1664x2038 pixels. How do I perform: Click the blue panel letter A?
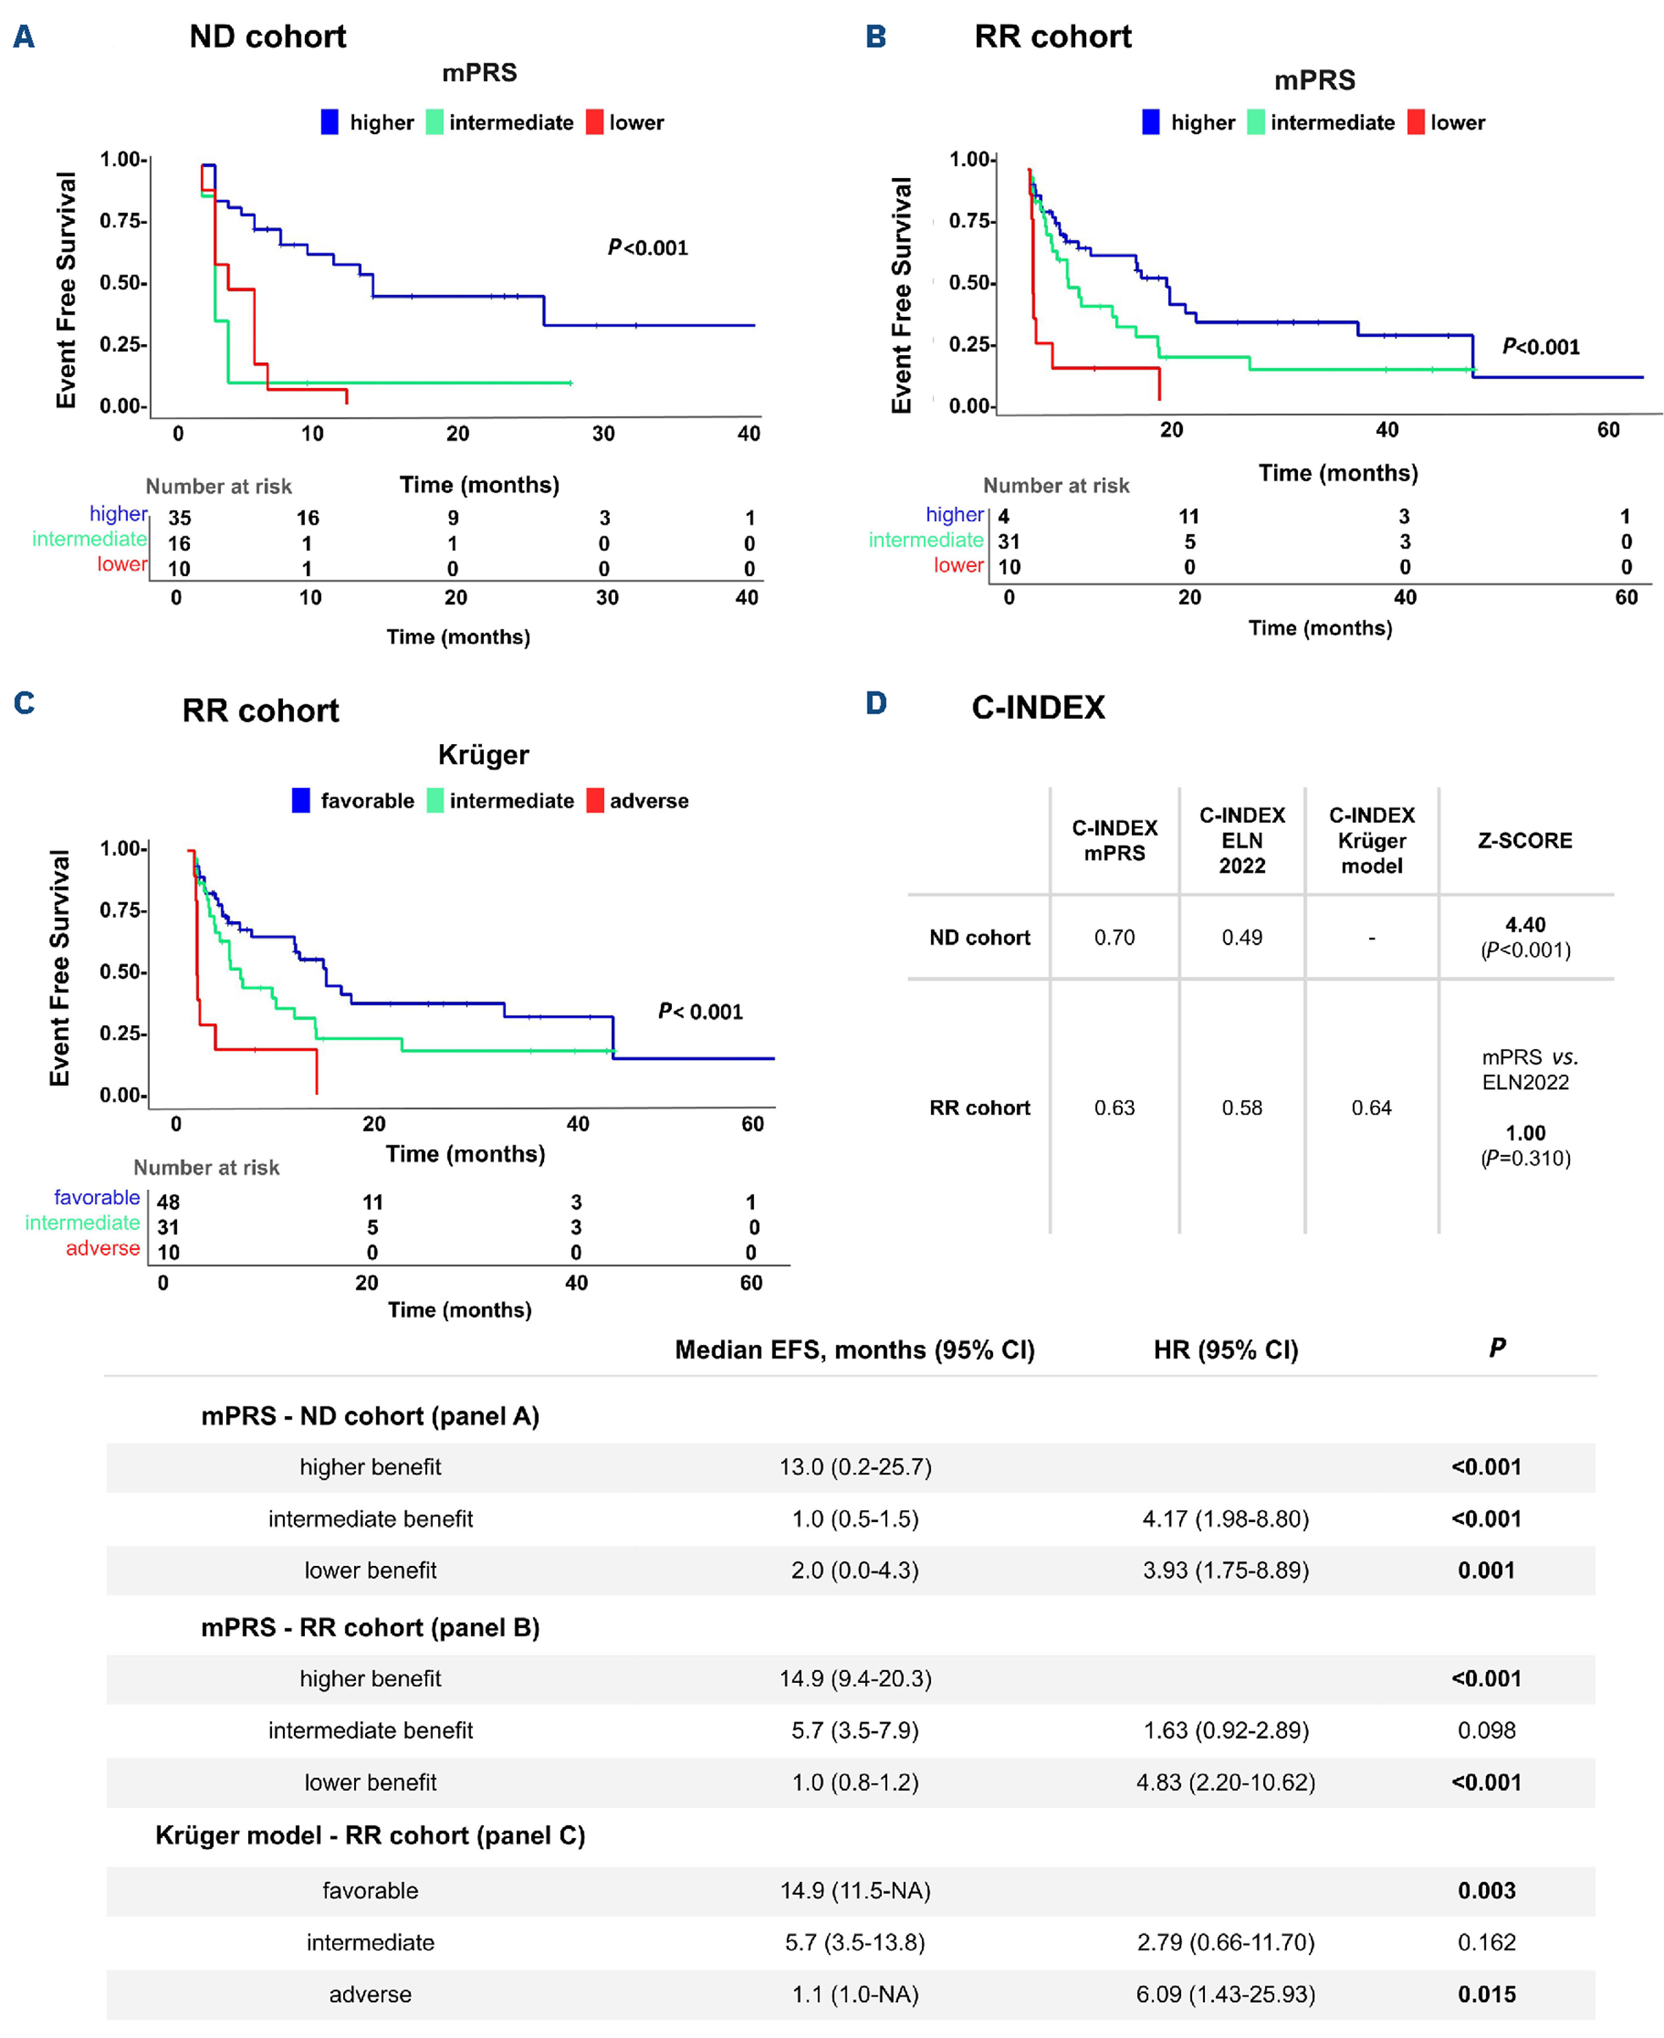pyautogui.click(x=24, y=37)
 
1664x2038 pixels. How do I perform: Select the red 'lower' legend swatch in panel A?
pyautogui.click(x=594, y=123)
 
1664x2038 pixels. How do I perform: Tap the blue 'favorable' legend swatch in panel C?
pyautogui.click(x=301, y=801)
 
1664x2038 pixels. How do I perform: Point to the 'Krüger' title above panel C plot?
pyautogui.click(x=483, y=755)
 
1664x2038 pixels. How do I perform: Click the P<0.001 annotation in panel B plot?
pyautogui.click(x=1540, y=347)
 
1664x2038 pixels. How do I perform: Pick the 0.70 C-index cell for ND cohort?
pyautogui.click(x=1114, y=937)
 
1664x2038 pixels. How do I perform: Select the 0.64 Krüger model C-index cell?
pyautogui.click(x=1371, y=1108)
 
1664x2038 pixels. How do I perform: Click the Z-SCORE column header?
pyautogui.click(x=1524, y=841)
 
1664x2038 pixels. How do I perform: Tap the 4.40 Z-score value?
pyautogui.click(x=1525, y=925)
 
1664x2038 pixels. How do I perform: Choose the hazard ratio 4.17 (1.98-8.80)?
pyautogui.click(x=1225, y=1519)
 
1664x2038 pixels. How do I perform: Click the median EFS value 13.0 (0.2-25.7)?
pyautogui.click(x=855, y=1468)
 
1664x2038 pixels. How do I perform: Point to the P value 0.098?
pyautogui.click(x=1486, y=1730)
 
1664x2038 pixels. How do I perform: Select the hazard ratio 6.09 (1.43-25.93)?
pyautogui.click(x=1225, y=1995)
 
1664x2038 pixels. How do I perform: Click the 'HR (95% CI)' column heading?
pyautogui.click(x=1225, y=1351)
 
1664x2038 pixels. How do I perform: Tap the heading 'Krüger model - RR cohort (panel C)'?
pyautogui.click(x=370, y=1835)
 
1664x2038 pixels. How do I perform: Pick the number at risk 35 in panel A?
pyautogui.click(x=180, y=519)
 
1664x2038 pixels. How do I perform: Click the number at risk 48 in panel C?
pyautogui.click(x=169, y=1202)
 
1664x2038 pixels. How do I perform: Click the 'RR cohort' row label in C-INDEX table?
pyautogui.click(x=979, y=1108)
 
